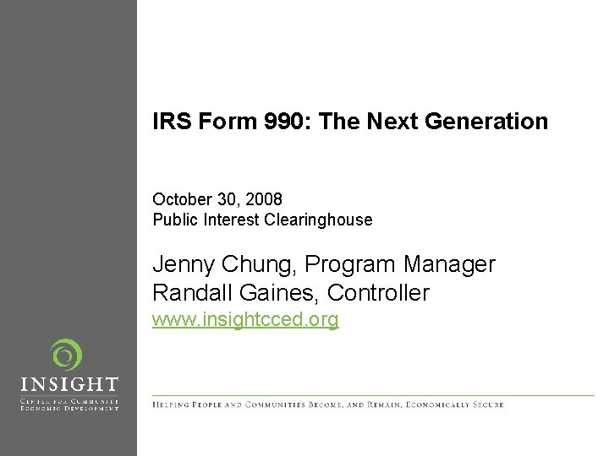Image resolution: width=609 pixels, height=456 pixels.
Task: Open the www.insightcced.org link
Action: (x=245, y=320)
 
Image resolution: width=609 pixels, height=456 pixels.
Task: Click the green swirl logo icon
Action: (x=65, y=356)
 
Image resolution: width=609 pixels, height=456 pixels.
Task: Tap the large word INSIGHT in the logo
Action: (x=69, y=386)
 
